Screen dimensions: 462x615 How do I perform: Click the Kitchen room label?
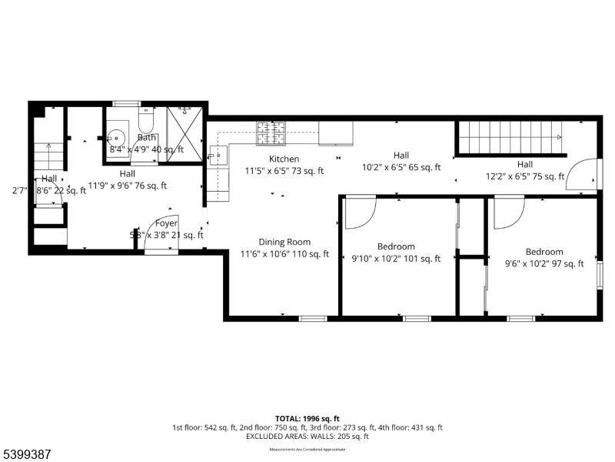click(x=284, y=159)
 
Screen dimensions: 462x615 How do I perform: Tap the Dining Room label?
click(x=284, y=242)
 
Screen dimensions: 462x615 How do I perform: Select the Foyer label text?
click(x=166, y=223)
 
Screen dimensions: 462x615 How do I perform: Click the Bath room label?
click(x=147, y=138)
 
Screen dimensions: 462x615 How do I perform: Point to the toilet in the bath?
click(x=146, y=119)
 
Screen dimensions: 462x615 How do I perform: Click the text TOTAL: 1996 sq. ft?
click(x=307, y=417)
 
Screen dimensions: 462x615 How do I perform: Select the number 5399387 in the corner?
click(x=26, y=455)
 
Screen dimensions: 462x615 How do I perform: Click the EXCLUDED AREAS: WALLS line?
click(x=307, y=436)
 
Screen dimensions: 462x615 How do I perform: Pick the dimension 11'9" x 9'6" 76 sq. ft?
click(x=128, y=186)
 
